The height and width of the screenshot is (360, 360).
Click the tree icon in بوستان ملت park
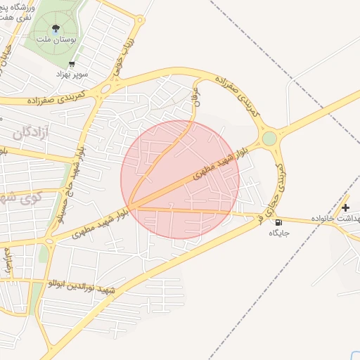pyautogui.click(x=56, y=29)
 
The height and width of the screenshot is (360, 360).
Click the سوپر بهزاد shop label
pyautogui.click(x=73, y=73)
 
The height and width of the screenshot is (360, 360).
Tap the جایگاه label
pyautogui.click(x=280, y=233)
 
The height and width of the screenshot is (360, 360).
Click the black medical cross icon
pyautogui.click(x=345, y=207)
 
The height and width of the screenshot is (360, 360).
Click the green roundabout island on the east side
pyautogui.click(x=270, y=138)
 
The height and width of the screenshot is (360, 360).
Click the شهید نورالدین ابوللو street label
pyautogui.click(x=78, y=286)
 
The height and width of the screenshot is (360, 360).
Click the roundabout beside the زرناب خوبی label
pyautogui.click(x=106, y=89)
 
